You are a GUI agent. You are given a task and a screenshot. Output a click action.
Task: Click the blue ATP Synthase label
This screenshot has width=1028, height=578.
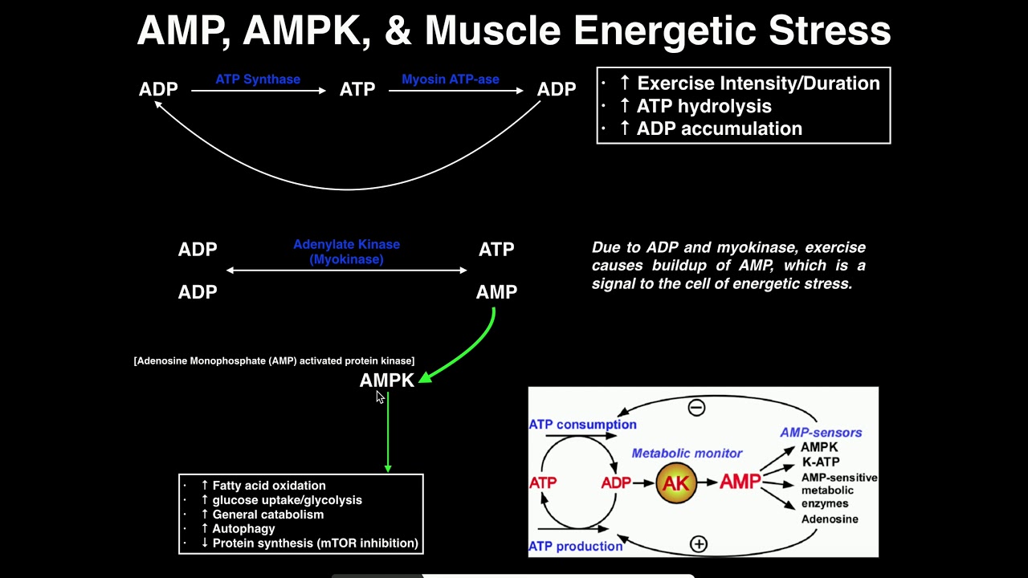(258, 79)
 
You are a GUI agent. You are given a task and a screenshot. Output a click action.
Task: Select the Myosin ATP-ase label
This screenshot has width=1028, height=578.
(450, 79)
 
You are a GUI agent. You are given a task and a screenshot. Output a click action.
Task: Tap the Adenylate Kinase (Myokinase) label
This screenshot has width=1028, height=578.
(346, 251)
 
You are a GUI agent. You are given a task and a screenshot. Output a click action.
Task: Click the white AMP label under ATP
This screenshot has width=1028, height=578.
(496, 292)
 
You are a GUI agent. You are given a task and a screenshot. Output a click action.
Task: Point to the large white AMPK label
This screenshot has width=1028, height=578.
(386, 381)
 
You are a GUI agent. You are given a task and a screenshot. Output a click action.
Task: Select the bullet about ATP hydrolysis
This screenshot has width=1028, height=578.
(695, 106)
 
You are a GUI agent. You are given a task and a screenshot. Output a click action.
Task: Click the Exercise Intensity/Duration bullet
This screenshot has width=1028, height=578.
(749, 83)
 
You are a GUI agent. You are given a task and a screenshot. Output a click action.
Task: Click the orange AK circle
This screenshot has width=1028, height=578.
(675, 482)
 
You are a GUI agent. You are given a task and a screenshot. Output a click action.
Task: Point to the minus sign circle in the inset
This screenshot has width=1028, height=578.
(696, 408)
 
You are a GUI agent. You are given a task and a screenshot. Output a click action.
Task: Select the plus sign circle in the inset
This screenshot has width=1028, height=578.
(699, 544)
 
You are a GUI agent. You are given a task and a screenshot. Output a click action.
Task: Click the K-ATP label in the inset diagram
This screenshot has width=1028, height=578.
(820, 462)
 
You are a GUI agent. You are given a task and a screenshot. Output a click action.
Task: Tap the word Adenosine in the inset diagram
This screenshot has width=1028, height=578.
(830, 519)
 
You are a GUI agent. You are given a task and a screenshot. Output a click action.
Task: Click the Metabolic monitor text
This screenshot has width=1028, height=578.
(687, 454)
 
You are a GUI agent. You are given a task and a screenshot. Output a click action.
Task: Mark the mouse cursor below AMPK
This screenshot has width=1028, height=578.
(380, 397)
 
